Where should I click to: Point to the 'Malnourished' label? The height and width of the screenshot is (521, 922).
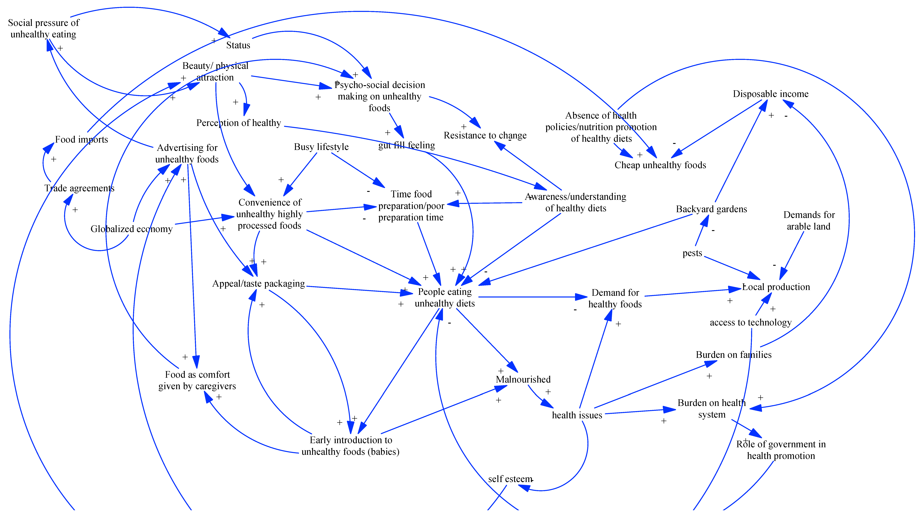(x=523, y=379)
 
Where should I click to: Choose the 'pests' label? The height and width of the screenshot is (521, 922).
(x=692, y=253)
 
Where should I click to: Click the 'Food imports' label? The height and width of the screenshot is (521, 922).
(x=82, y=139)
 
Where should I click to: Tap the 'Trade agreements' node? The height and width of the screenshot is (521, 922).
(x=79, y=188)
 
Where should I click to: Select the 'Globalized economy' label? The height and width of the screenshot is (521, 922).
(x=131, y=229)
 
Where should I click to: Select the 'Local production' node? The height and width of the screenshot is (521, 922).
(x=776, y=287)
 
